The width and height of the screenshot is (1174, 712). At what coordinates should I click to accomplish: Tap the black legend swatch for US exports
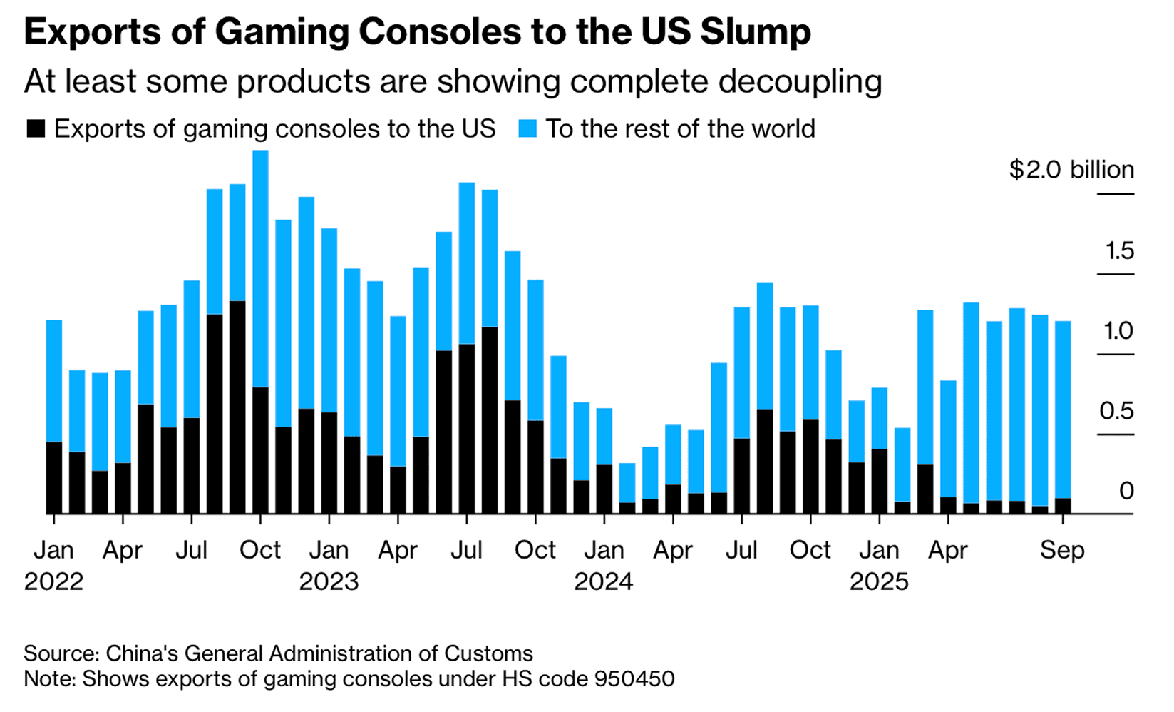[36, 129]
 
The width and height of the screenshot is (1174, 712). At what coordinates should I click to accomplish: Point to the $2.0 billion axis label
[1071, 170]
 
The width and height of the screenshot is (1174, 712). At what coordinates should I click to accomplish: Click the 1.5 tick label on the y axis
[1119, 250]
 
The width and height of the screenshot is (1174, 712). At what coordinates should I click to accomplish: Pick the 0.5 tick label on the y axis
[1116, 411]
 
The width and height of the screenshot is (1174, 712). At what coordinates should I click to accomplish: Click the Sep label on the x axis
[1062, 550]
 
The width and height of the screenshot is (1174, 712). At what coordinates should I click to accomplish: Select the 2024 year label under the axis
[604, 581]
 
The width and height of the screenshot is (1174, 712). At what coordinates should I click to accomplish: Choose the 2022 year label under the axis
[53, 581]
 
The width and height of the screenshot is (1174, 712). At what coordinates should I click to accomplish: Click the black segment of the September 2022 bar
[237, 407]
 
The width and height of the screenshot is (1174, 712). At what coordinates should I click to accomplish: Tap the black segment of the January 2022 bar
[54, 477]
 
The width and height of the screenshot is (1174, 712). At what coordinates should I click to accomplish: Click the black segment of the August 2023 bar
[490, 420]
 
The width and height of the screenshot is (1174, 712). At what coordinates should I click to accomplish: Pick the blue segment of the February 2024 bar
[627, 482]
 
